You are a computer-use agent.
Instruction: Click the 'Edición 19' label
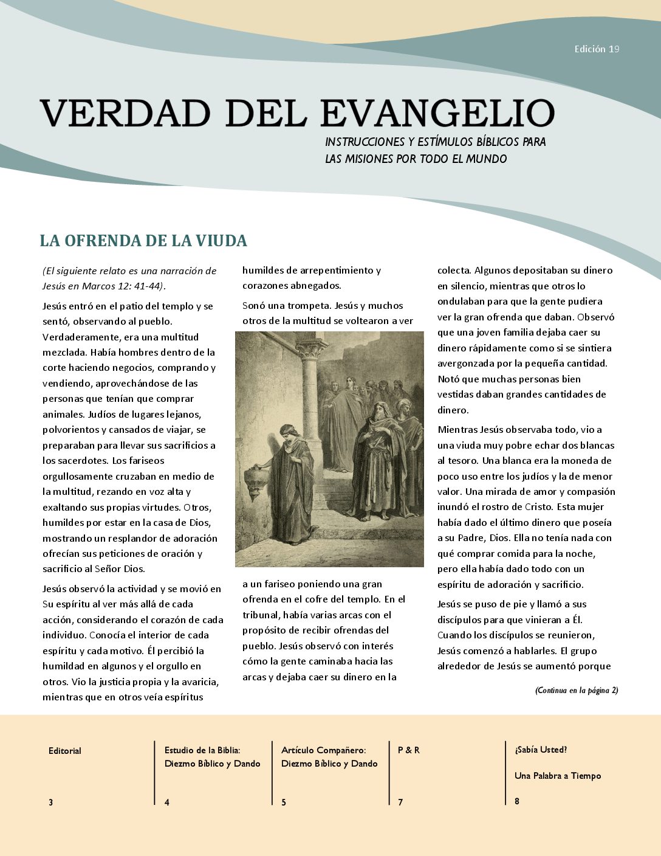(597, 49)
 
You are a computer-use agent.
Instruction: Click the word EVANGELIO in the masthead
(437, 113)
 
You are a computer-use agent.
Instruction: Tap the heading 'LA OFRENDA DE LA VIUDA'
(143, 241)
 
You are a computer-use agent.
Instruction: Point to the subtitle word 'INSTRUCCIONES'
(365, 142)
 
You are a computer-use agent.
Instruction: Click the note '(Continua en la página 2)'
(577, 690)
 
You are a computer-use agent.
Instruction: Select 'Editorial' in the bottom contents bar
(65, 751)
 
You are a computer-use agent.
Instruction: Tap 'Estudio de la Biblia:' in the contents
(202, 750)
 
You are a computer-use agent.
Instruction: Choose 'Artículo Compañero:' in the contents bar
(323, 750)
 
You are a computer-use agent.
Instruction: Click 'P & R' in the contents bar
(409, 750)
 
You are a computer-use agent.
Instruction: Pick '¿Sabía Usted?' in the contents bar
(541, 750)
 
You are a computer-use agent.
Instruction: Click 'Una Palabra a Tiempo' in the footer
(558, 776)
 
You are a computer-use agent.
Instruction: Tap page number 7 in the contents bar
(400, 802)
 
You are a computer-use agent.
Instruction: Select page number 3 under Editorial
(51, 802)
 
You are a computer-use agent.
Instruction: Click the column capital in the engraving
(310, 349)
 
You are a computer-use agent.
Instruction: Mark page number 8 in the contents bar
(517, 801)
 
